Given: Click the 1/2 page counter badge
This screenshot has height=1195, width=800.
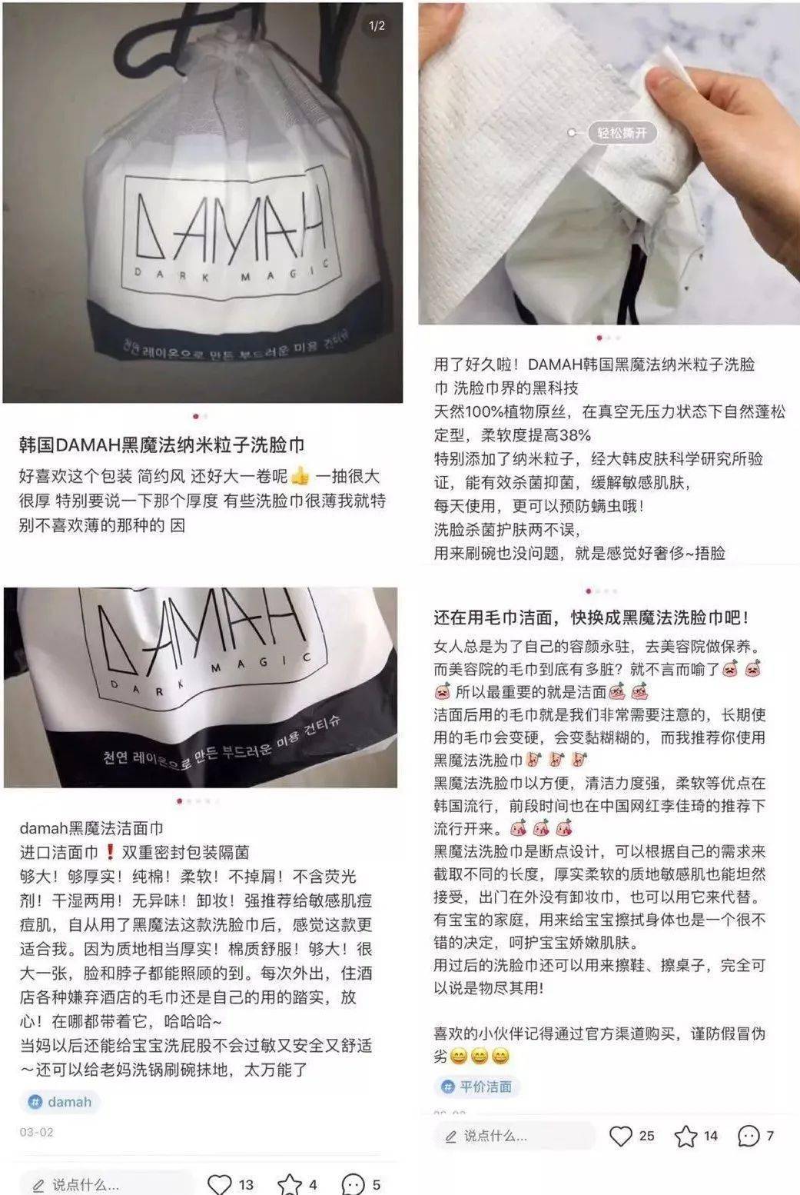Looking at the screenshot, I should coord(377,25).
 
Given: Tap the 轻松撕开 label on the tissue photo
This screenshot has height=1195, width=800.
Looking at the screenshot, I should coord(622,133).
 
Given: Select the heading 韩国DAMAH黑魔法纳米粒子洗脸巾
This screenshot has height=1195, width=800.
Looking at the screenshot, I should coord(161,445).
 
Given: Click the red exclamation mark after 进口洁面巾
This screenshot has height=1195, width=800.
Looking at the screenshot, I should coord(110,852).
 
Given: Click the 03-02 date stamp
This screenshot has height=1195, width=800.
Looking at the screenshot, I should coord(37,1132).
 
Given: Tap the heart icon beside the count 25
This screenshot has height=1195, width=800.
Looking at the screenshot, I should coord(620,1136).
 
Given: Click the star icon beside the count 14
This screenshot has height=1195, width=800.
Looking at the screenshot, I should coord(685,1136).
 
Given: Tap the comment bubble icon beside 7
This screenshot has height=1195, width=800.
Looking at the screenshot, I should coord(749,1136).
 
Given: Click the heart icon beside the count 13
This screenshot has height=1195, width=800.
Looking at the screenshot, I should coord(220,1184).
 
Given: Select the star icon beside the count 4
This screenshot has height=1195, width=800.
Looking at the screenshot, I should coord(290,1184).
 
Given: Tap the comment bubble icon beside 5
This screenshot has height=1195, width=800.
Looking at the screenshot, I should coord(353,1184).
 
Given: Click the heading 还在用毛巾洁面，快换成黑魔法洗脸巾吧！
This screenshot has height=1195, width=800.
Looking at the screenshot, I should coord(590,617).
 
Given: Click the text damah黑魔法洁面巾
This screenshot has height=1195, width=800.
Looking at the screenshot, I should coord(91,828).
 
